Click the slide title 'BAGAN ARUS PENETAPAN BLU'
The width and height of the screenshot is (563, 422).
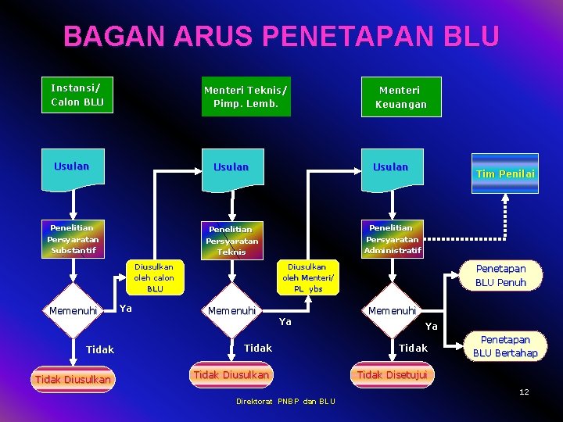click(281, 36)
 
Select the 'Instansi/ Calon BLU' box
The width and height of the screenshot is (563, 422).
click(77, 94)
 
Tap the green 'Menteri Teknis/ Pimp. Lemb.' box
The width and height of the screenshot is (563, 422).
click(246, 96)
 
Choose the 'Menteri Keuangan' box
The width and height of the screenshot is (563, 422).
click(400, 97)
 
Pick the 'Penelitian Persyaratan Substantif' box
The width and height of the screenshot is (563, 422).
click(73, 239)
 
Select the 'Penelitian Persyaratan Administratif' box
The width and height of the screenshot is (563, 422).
click(393, 238)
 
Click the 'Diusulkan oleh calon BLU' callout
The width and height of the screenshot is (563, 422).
click(154, 277)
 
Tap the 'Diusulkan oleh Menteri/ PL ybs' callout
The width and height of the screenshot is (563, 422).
click(308, 277)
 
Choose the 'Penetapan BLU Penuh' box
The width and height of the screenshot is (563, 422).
click(500, 275)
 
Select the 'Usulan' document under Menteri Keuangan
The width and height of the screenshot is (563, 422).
click(390, 168)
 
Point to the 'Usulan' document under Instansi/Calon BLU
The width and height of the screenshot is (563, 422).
click(72, 167)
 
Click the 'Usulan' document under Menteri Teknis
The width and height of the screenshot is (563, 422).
click(231, 169)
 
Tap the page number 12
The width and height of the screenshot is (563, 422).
click(524, 392)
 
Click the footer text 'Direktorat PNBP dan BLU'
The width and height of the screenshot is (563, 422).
click(285, 402)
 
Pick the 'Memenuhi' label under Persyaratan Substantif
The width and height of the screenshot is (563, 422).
click(73, 311)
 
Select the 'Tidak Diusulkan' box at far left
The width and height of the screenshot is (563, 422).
click(73, 380)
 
